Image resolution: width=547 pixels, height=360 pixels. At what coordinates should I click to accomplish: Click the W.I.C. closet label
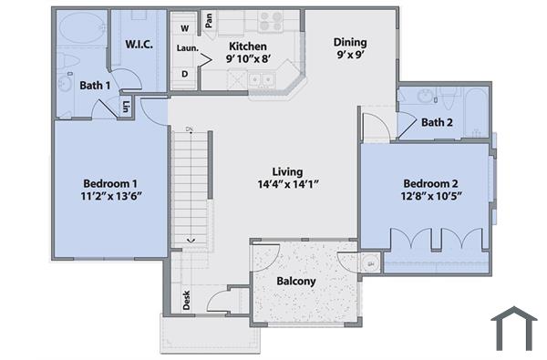coord(138,44)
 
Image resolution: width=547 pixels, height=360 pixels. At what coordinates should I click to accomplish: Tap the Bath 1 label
coord(95,86)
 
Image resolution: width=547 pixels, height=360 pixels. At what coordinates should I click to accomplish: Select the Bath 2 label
coord(437,122)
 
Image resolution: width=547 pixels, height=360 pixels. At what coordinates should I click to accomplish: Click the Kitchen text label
coord(247,46)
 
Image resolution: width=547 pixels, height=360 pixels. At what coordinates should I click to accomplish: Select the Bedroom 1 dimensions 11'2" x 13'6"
coord(110,195)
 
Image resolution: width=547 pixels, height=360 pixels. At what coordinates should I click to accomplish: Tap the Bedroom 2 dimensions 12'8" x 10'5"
coord(428,195)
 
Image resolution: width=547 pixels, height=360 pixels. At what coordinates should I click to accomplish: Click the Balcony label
coord(296,281)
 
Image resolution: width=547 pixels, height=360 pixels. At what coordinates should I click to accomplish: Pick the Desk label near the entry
coord(187,300)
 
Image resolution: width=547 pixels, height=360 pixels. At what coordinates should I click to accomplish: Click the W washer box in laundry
coord(184,27)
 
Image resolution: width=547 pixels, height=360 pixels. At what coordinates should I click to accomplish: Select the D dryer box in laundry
coord(184,74)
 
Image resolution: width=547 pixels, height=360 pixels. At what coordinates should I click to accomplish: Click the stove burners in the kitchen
coord(270,21)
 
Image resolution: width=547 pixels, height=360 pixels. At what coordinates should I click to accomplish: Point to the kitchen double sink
coord(263,79)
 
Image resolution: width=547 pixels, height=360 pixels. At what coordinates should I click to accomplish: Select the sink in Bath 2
coord(427,96)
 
